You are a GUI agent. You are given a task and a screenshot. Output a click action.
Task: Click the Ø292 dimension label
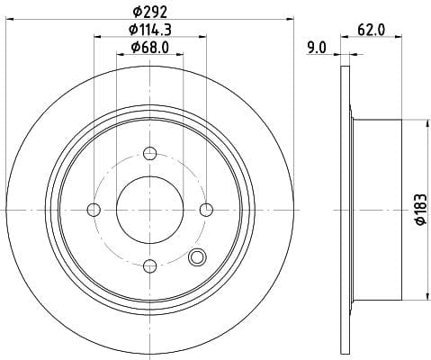[x=149, y=13]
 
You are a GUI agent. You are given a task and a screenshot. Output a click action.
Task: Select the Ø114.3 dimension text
[x=150, y=30]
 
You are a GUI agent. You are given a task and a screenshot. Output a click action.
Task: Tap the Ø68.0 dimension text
[x=150, y=48]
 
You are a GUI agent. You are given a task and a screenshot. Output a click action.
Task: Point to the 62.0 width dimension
[x=371, y=30]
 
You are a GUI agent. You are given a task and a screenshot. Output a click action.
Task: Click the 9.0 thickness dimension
[x=316, y=48]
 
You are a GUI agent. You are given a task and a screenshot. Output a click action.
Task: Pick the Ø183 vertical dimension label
[x=421, y=210]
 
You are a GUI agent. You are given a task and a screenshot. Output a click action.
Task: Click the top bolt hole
[x=150, y=154]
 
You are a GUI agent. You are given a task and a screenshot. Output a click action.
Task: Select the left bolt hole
[x=94, y=210]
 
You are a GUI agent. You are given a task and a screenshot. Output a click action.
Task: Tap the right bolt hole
[x=206, y=210]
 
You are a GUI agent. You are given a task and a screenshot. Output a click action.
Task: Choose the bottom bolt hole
[x=150, y=266]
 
